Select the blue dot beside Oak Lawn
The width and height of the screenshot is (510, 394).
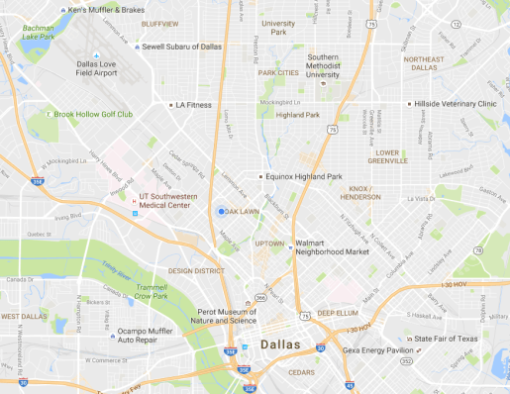[221, 211]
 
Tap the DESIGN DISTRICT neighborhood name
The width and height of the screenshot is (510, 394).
[196, 269]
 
